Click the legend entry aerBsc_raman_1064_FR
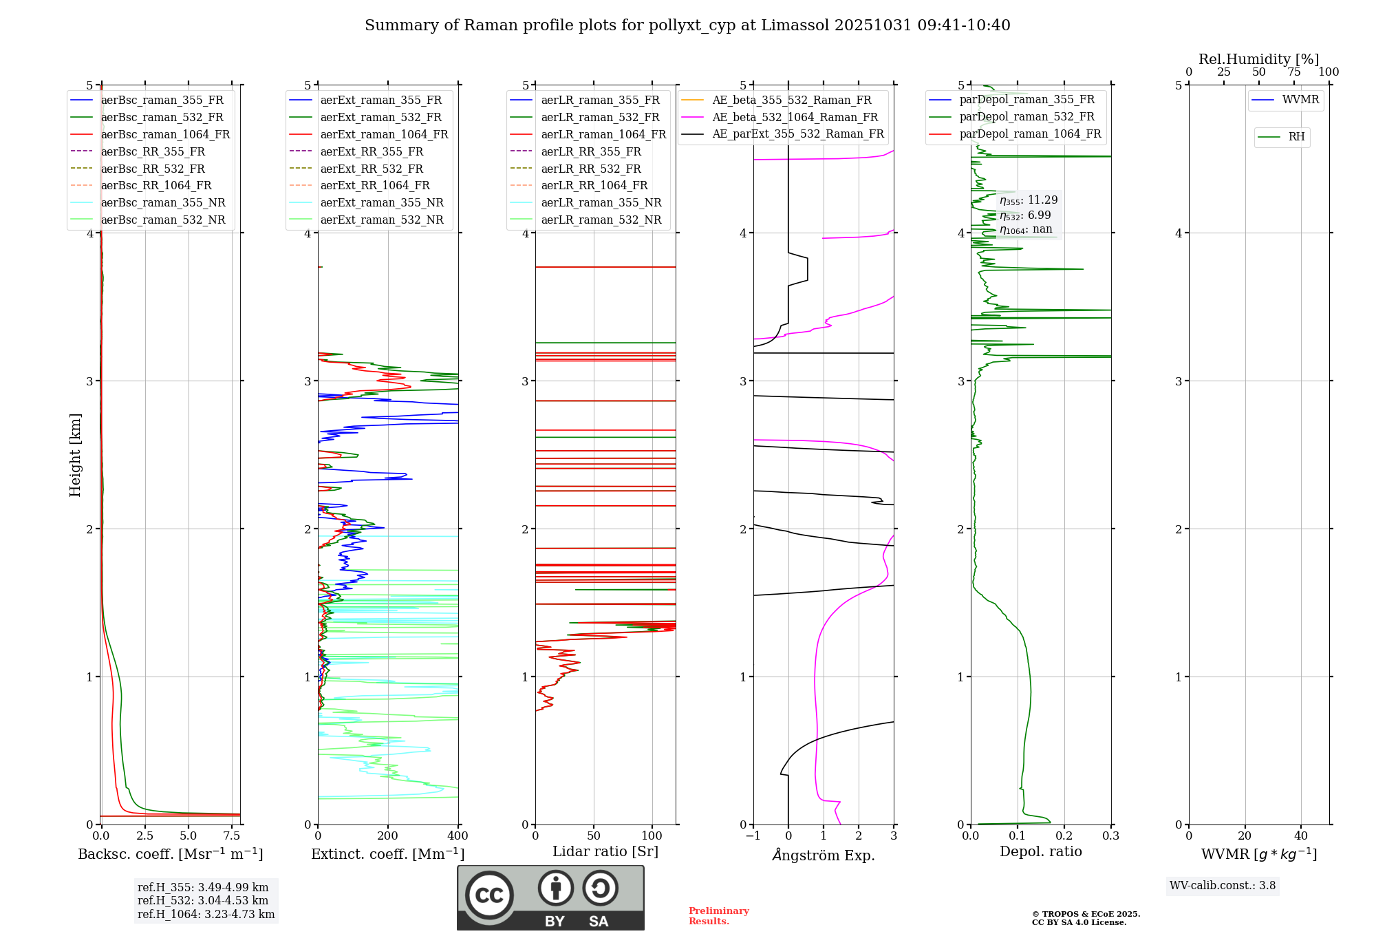165,135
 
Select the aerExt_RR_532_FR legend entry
372,169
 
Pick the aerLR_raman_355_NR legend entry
601,203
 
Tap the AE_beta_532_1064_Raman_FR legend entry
795,118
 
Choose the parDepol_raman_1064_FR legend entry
1030,134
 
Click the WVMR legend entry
1300,100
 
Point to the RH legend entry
1296,137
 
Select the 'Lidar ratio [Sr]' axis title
605,852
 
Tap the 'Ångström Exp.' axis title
824,855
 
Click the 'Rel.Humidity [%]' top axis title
1258,59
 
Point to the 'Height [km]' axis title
76,455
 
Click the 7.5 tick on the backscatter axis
232,836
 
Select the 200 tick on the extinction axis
388,836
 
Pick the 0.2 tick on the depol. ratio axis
1064,836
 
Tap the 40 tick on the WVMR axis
1300,836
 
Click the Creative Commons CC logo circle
489,895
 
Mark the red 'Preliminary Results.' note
718,916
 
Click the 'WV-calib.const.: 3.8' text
1223,886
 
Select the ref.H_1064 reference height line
206,915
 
